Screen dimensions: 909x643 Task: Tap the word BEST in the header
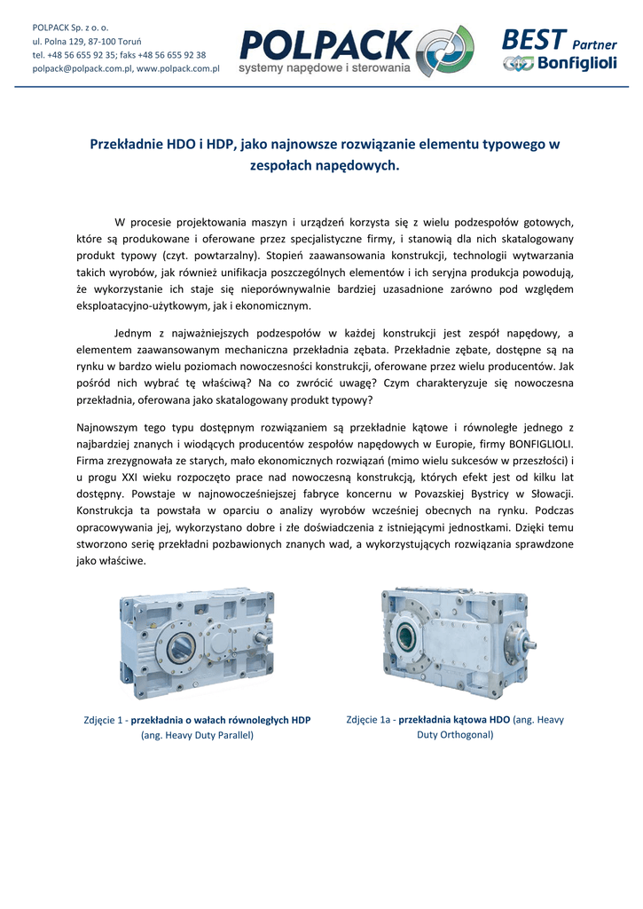coord(533,39)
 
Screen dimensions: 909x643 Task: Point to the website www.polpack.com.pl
coord(178,68)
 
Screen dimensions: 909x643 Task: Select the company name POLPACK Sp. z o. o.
coord(70,28)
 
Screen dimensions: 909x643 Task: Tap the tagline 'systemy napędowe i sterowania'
coord(325,67)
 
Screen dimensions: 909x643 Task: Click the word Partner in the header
coord(594,44)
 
